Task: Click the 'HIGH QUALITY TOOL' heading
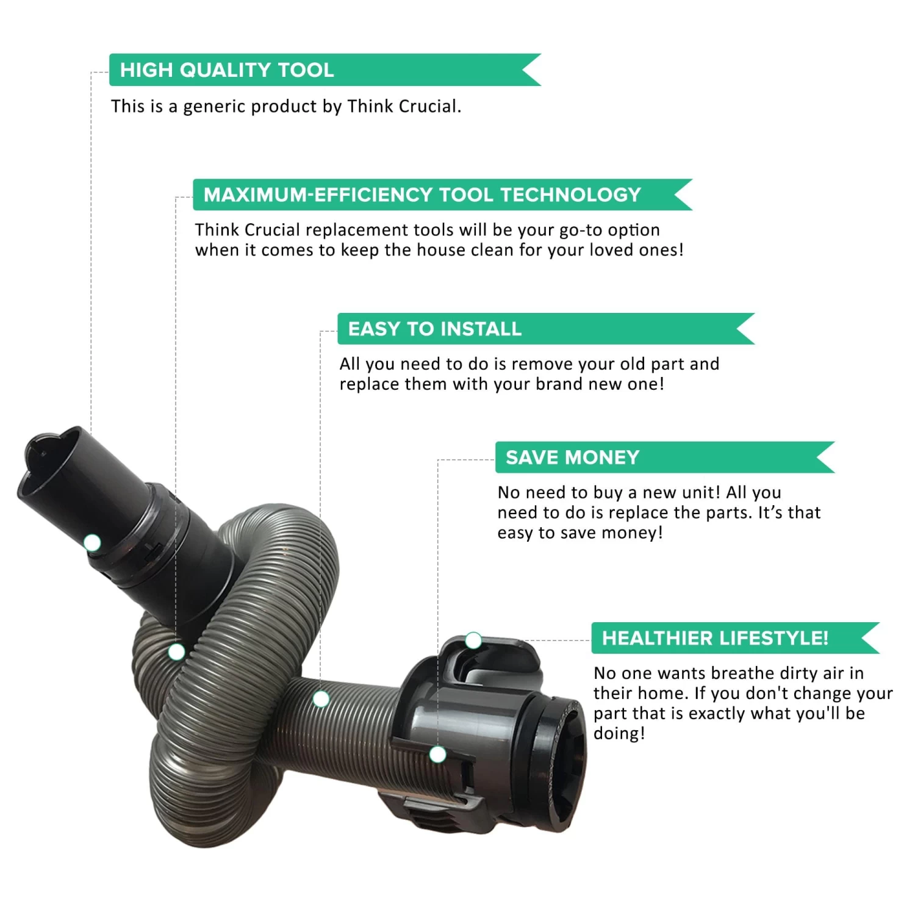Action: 227,70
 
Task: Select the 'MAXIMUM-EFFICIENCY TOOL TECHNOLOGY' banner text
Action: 422,195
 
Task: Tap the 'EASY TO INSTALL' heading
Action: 435,329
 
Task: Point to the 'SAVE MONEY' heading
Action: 572,457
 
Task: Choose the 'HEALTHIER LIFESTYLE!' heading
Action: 715,638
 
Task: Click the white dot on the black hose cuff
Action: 92,542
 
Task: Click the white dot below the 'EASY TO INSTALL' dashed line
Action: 321,699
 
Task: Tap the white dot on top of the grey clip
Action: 473,640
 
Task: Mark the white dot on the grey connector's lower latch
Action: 437,755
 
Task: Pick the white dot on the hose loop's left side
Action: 176,652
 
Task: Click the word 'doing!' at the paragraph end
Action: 619,734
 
